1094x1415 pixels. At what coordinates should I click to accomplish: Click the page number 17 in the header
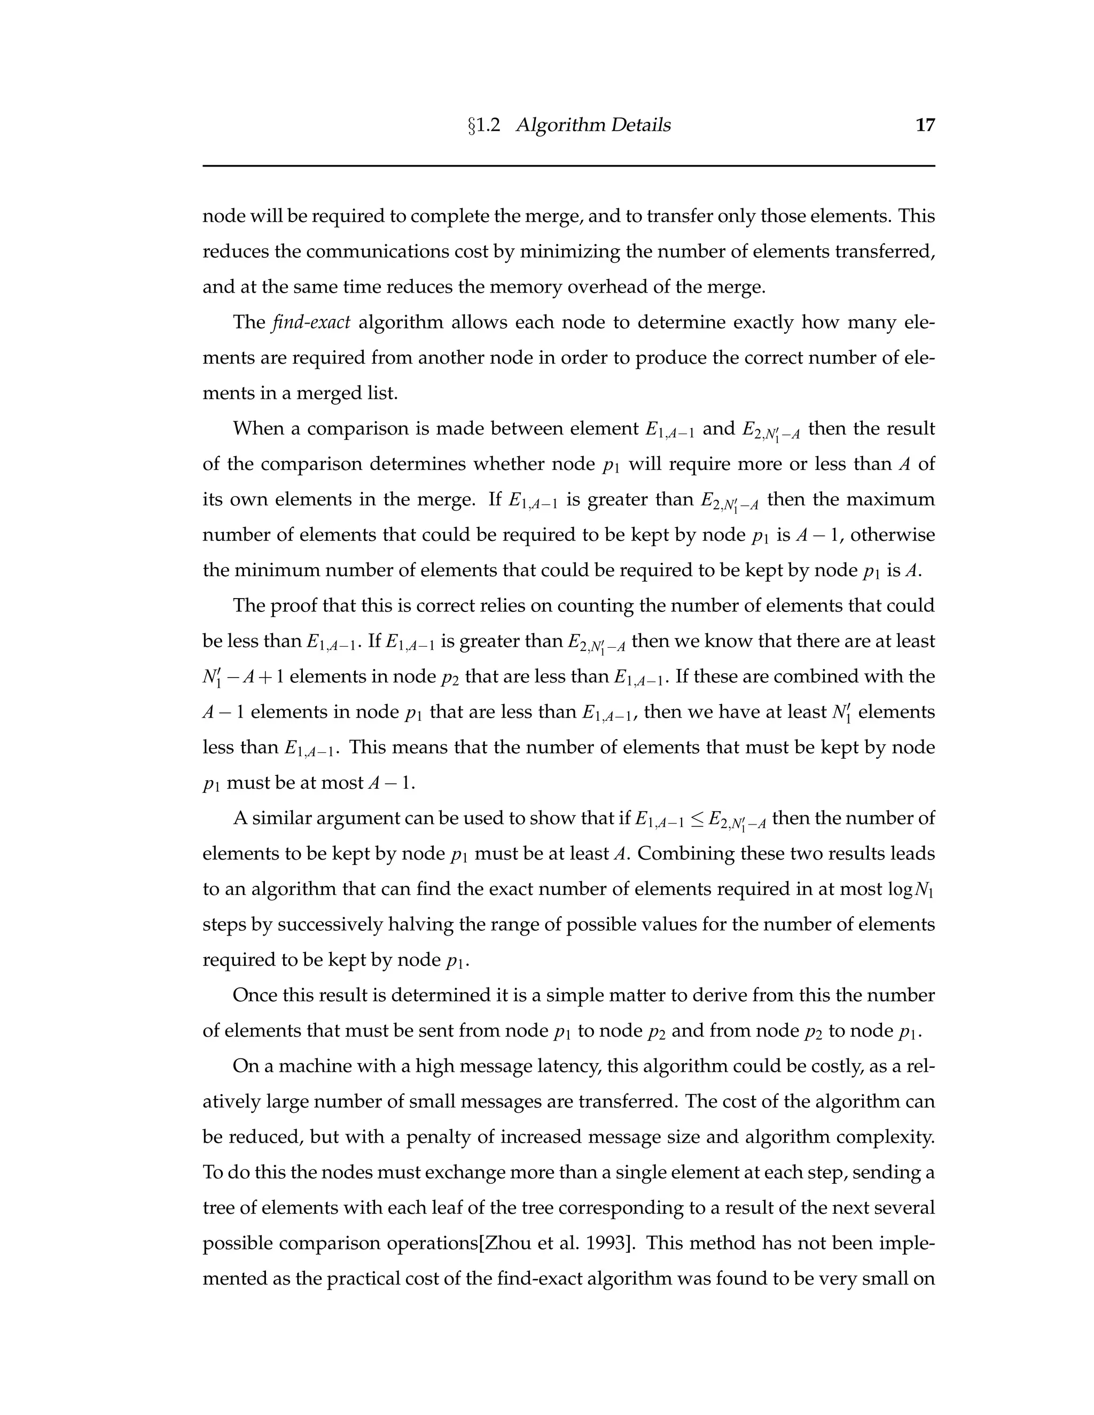coord(925,125)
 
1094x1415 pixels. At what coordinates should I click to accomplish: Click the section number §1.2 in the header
coord(484,125)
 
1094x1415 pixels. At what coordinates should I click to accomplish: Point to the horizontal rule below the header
coord(568,166)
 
